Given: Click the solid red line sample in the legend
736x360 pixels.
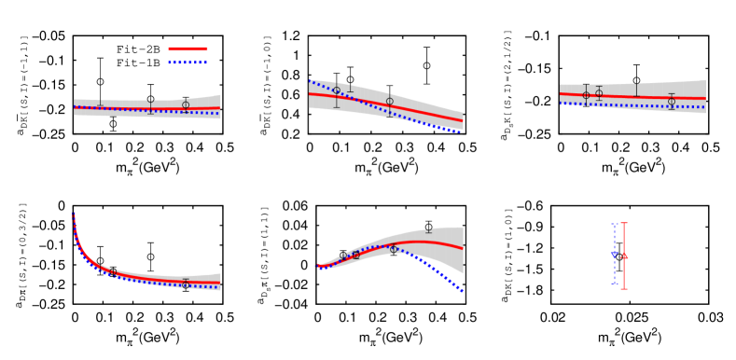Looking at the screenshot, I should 187,48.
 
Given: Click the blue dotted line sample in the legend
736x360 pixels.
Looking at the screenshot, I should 187,62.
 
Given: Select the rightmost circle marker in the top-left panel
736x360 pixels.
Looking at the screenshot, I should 186,105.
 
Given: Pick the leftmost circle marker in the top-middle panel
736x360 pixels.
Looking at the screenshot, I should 337,90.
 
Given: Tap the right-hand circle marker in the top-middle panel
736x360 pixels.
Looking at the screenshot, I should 390,101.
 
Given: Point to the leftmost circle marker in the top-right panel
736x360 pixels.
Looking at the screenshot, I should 586,94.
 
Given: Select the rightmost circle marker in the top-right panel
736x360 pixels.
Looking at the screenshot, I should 671,101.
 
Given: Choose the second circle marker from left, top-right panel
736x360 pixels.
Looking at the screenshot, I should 599,93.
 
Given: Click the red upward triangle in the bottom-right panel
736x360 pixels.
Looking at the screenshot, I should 624,255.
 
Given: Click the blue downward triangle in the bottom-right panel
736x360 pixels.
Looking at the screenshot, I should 614,254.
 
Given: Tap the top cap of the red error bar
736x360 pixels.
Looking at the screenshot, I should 624,223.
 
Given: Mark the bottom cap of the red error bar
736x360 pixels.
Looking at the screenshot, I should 624,289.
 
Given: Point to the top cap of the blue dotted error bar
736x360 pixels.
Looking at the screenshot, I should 614,224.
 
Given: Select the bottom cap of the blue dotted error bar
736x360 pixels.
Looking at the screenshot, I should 614,284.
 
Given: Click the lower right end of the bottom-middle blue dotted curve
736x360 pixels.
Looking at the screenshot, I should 462,291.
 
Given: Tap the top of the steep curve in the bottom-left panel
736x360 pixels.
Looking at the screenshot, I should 74,215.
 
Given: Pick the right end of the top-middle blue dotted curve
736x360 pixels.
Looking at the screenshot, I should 461,132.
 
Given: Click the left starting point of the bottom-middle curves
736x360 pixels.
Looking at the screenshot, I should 318,267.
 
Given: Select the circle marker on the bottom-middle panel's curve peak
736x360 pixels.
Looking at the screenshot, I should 393,249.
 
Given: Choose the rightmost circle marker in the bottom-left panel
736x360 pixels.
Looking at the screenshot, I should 186,281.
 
